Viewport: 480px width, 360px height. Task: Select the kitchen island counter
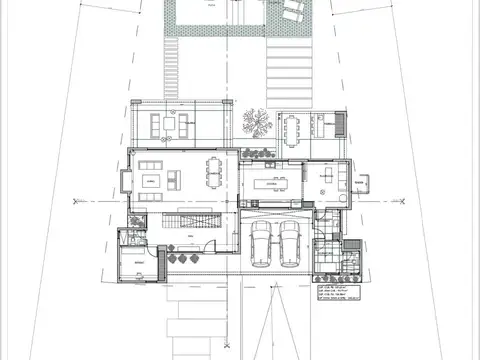coord(271,183)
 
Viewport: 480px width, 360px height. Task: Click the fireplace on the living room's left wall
coord(125,182)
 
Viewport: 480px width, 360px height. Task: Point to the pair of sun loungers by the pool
coord(291,11)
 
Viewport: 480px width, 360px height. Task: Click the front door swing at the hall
coord(207,249)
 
